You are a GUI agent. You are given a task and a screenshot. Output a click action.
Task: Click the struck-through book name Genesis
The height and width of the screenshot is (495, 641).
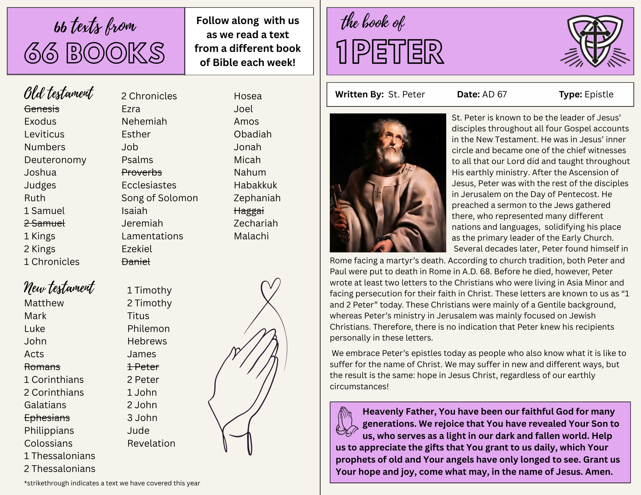(42, 109)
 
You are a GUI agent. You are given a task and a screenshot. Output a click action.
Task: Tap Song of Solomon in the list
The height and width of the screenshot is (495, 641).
(160, 198)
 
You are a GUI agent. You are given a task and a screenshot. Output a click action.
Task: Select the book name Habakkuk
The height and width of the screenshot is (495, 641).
(255, 185)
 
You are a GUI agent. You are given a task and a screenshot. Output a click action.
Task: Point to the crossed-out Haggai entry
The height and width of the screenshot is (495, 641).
(249, 211)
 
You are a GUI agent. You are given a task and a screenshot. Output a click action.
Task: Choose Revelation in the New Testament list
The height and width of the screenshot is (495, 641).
(151, 443)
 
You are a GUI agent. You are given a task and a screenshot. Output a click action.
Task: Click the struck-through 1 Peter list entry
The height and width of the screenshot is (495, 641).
(143, 367)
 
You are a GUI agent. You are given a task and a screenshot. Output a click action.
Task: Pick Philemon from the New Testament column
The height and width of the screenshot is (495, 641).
(148, 329)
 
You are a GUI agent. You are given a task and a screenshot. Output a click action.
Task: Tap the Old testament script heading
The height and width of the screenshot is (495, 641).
(59, 93)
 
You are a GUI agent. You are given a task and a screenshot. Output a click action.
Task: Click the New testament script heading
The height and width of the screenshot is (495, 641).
(59, 287)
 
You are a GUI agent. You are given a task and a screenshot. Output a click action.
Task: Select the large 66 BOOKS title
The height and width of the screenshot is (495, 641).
(95, 53)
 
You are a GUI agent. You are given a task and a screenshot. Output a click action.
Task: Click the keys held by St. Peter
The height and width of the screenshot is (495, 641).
(338, 208)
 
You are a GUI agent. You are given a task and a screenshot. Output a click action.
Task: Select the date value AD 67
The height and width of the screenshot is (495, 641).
(494, 95)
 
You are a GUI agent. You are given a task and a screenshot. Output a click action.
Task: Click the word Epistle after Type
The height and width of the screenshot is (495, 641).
(599, 95)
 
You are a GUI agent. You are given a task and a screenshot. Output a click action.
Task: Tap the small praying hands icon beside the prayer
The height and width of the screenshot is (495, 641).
(346, 421)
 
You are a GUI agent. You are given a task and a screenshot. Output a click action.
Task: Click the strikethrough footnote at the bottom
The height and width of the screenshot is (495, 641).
(112, 483)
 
